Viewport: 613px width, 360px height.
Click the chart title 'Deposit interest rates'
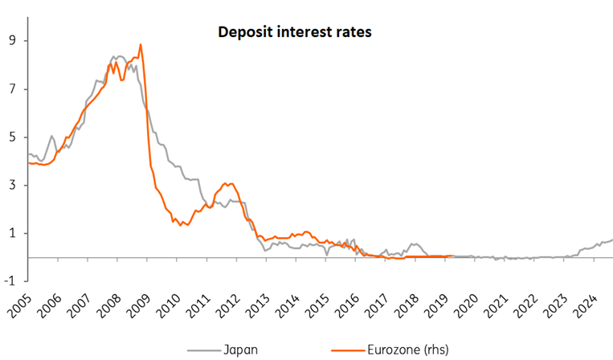294,32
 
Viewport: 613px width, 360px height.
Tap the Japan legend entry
223,350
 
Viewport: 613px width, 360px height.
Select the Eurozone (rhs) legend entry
390,350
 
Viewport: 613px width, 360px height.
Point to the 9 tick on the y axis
14,41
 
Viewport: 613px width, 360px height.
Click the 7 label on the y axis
14,89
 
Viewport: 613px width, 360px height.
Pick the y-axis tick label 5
14,137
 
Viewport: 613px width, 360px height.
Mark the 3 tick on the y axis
14,185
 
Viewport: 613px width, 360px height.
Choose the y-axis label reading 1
14,233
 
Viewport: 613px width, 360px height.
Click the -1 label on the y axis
11,280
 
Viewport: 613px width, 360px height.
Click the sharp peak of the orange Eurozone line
141,44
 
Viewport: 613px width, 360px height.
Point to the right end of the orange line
452,256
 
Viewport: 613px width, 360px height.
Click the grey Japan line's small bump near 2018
415,244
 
